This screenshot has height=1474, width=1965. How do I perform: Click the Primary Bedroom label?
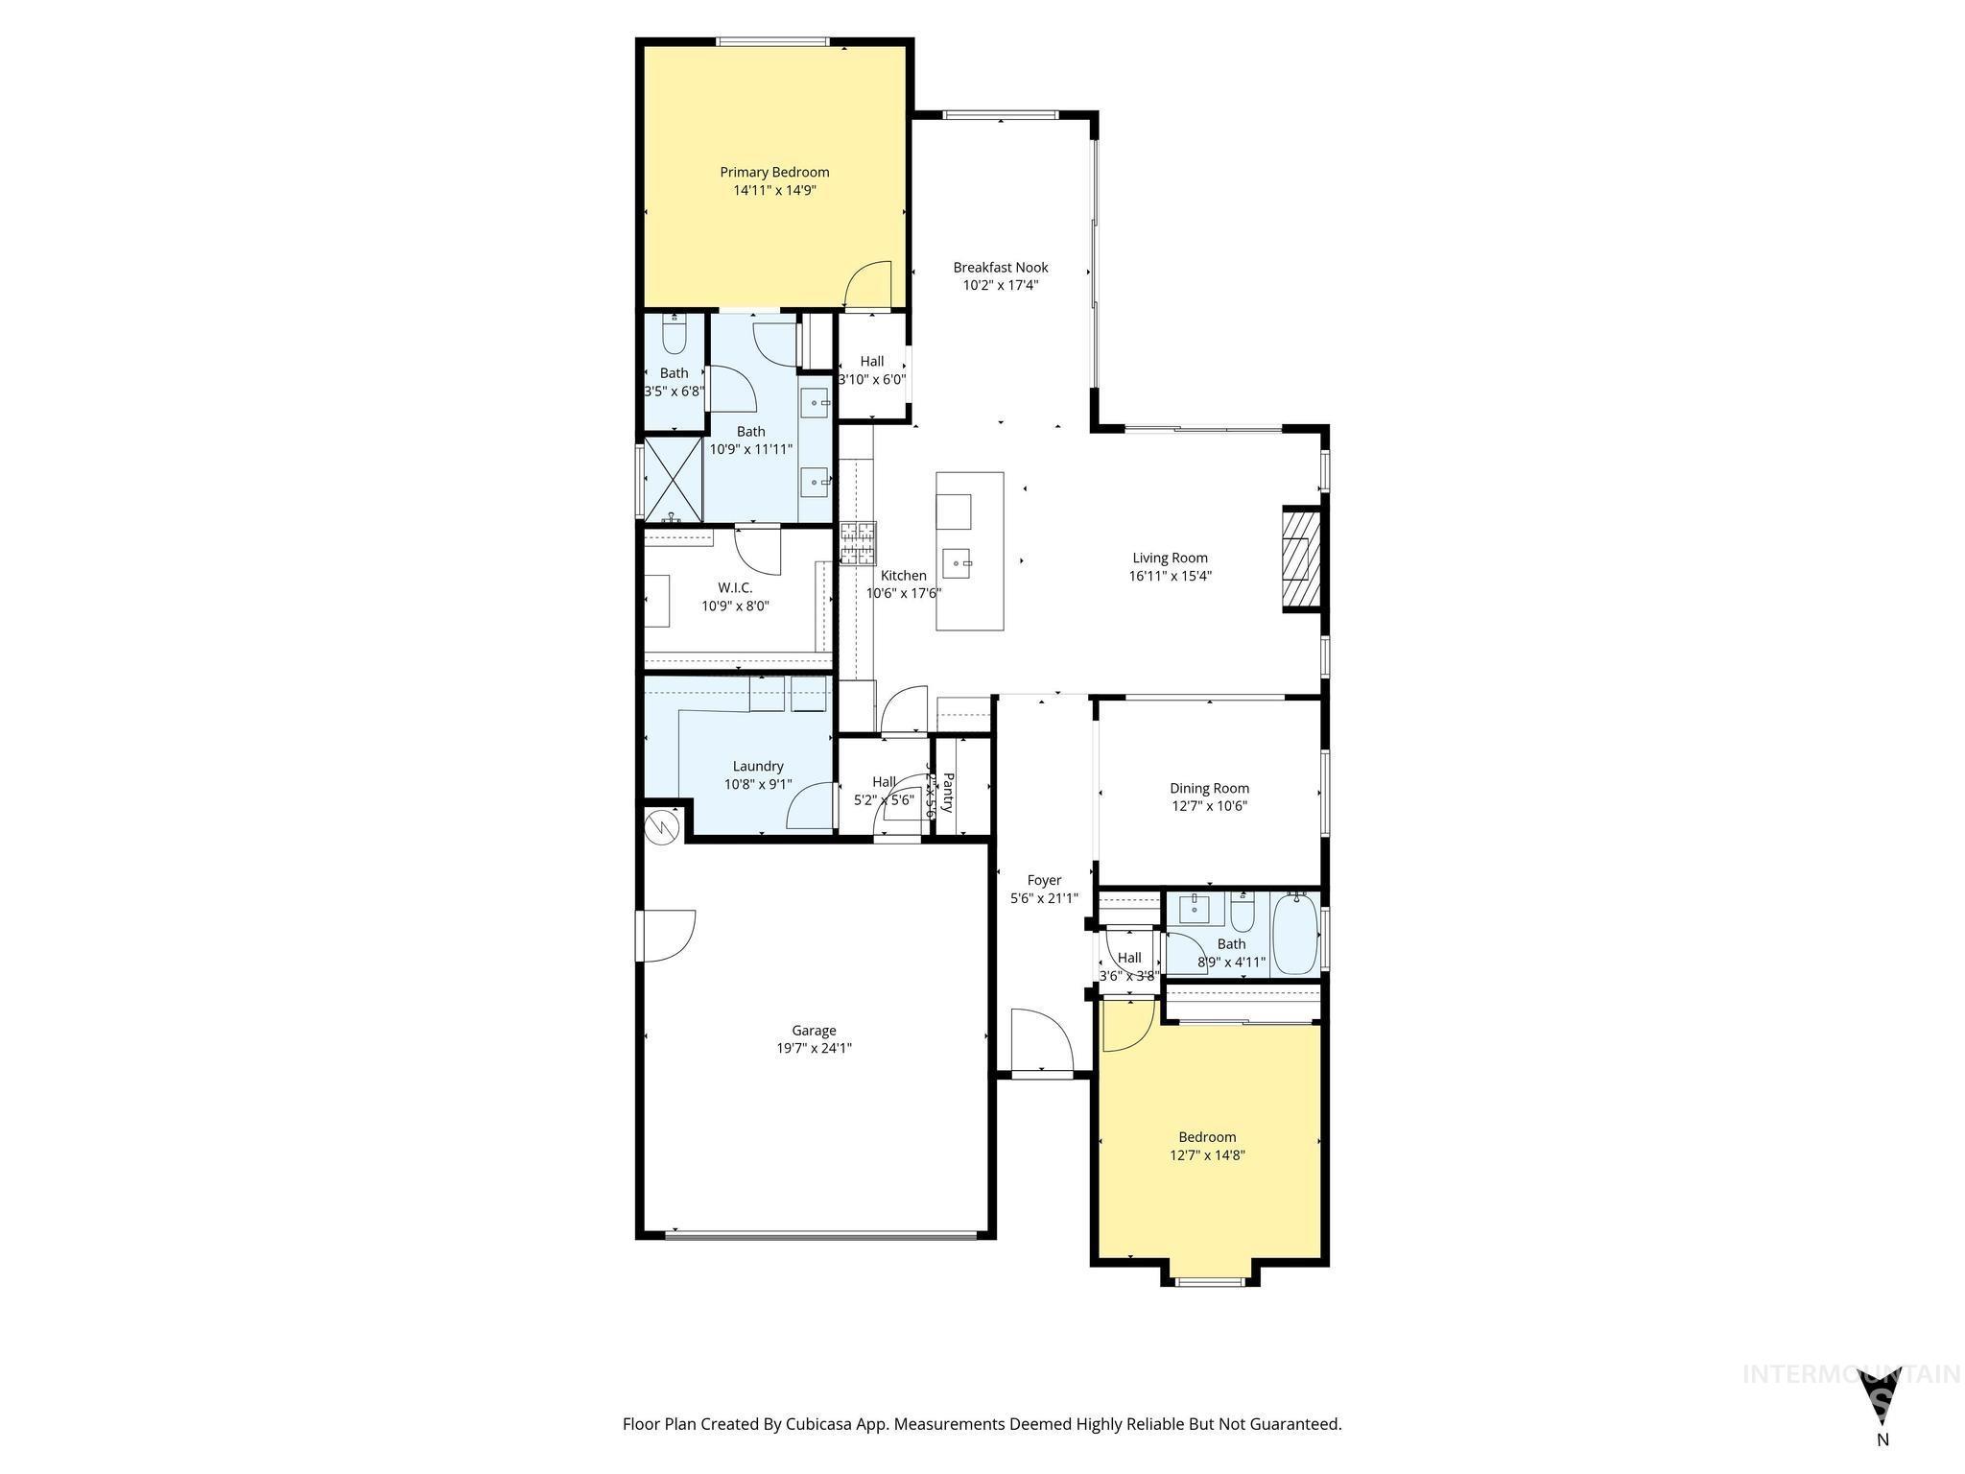(774, 172)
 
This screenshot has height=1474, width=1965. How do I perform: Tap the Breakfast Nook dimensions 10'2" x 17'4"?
(1001, 285)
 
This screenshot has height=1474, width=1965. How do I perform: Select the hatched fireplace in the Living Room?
(1302, 559)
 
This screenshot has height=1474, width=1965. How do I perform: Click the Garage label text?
(814, 1031)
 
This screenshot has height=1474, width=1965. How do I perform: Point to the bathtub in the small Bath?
(1295, 934)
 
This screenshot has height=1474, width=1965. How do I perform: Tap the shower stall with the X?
(672, 478)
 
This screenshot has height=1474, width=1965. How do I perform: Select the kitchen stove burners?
(858, 543)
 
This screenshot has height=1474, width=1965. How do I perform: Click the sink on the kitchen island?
(957, 562)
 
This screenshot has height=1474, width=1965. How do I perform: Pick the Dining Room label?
(1209, 789)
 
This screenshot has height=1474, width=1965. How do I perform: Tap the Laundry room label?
(758, 766)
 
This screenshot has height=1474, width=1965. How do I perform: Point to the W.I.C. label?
(735, 587)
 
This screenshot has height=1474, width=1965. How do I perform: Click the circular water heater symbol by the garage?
(662, 826)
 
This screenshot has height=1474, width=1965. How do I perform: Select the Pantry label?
(948, 793)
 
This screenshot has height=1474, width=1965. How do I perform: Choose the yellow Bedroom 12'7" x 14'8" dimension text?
(1207, 1155)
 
